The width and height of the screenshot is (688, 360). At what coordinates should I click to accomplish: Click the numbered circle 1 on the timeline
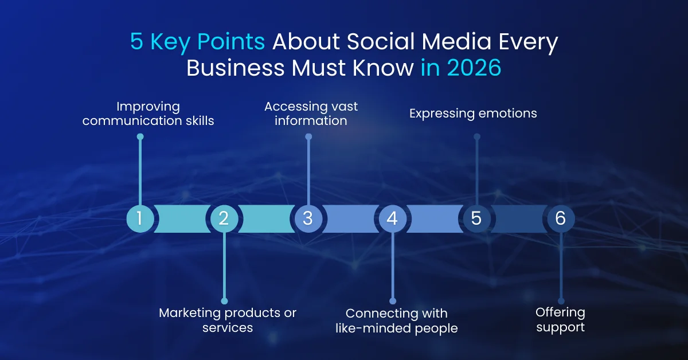coord(140,218)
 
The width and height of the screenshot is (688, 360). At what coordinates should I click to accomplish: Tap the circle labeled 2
coord(224,218)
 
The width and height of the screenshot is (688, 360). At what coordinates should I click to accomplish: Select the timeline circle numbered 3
coord(308,218)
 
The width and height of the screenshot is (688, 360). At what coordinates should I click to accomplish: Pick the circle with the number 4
coord(393,218)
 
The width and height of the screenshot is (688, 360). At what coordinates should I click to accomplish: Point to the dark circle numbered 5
coord(476,218)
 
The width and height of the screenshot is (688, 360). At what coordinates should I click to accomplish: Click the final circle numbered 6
coord(561,218)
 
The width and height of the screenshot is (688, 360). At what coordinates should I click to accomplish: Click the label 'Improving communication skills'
coord(148,114)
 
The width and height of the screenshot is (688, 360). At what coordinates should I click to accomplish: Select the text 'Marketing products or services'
coord(228,320)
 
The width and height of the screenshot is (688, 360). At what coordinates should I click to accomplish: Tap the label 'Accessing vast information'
coord(311,114)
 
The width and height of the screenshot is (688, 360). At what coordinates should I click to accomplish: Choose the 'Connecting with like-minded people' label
coord(397,320)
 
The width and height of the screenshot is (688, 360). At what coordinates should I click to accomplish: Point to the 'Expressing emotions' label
coord(473,114)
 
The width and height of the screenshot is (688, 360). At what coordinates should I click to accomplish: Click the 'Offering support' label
coord(560,320)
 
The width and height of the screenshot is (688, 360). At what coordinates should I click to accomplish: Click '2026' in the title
coord(474,68)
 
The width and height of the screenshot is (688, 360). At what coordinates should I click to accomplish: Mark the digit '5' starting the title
coord(136,44)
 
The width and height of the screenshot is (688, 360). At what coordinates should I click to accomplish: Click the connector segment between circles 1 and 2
coord(182,218)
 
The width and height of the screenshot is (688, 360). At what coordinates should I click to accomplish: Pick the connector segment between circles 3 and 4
coord(350,218)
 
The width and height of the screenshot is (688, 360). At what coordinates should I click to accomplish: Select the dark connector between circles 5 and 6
coord(519,218)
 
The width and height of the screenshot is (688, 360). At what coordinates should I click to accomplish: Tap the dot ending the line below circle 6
coord(561,300)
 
